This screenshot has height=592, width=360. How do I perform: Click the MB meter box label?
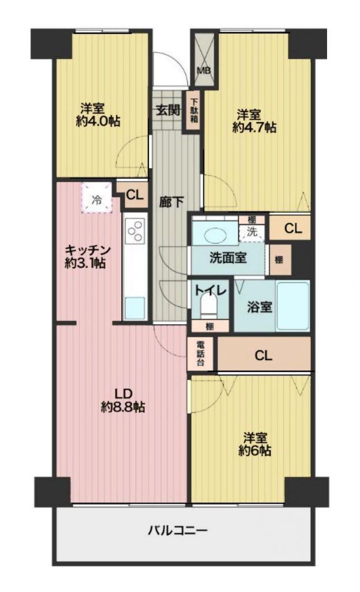pos(205,71)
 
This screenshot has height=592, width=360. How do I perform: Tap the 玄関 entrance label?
pos(168,110)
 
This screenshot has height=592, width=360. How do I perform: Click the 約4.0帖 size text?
pos(98,121)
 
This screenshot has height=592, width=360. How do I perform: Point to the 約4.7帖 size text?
pos(254,128)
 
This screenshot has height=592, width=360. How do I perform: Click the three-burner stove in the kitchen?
pos(135,231)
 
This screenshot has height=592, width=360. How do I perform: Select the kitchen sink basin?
pos(135,308)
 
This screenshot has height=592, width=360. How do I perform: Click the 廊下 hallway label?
pos(171,202)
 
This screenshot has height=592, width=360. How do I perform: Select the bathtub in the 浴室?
pos(293,305)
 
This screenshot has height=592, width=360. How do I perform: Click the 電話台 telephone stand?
pos(201,353)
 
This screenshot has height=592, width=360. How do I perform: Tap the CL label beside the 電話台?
pos(263,356)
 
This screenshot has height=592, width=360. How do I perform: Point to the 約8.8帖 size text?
pos(123,407)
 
